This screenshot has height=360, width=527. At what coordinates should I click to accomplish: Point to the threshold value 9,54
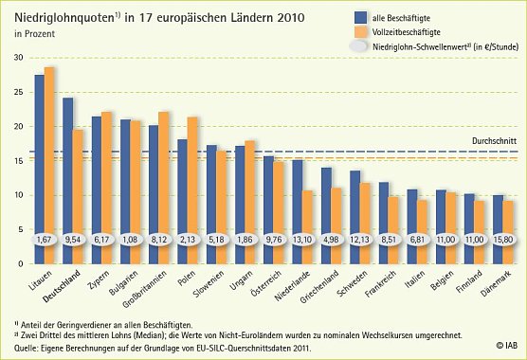73,240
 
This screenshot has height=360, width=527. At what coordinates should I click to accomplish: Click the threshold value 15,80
502,240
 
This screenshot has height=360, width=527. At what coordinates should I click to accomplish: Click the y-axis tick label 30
18,58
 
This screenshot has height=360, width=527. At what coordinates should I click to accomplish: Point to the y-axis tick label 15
18,161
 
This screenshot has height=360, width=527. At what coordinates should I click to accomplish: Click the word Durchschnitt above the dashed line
493,140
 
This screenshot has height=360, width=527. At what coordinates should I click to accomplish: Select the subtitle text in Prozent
31,34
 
